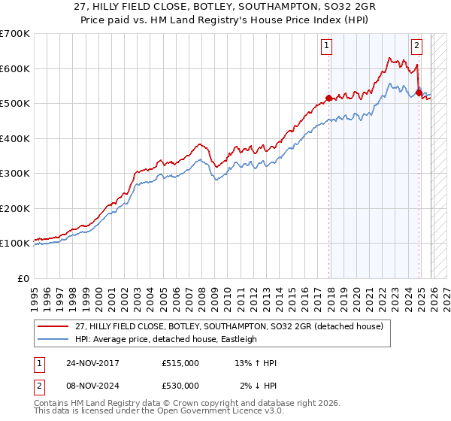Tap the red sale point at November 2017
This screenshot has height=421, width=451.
point(329,98)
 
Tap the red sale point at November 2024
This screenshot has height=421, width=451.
point(419,93)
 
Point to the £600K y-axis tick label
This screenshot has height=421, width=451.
point(15,68)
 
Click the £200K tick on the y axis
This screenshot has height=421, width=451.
point(15,208)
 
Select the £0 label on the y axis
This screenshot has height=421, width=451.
point(23,278)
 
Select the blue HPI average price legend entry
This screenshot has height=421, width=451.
point(176,339)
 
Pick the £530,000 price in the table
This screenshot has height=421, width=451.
point(180,386)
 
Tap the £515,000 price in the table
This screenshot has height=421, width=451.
point(180,363)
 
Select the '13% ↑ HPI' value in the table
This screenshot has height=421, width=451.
point(256,363)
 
